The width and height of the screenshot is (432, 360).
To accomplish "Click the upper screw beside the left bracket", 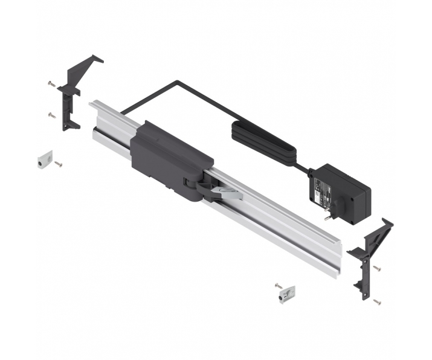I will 50,85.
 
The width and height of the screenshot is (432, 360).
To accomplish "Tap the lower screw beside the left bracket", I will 51,114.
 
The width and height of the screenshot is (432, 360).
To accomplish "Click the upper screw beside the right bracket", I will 377,268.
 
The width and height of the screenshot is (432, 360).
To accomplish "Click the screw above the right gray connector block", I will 277,283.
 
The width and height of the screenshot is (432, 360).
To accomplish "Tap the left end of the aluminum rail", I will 97,118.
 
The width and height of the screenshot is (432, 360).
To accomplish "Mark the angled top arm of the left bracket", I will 85,63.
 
